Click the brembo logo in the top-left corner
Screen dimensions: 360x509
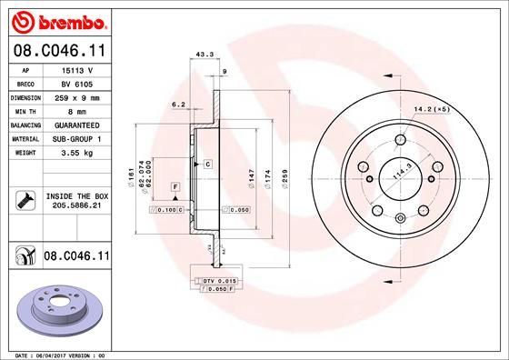point(55,19)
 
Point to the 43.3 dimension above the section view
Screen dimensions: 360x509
point(205,55)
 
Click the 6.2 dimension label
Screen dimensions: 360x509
point(179,105)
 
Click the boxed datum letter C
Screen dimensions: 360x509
point(207,164)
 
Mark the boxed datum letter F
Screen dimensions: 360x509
point(174,186)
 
